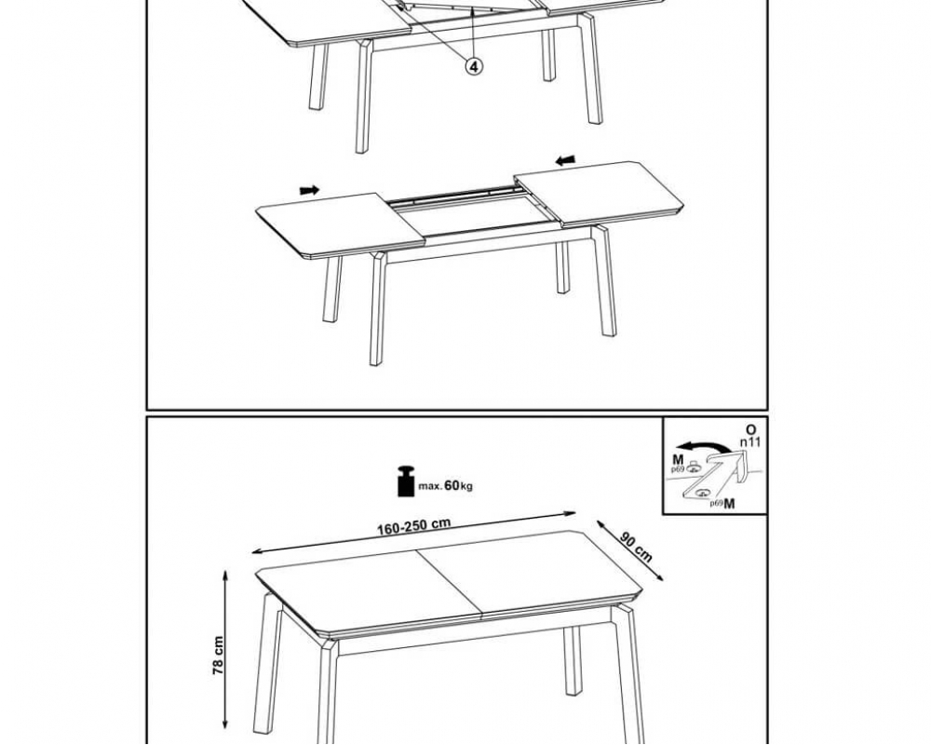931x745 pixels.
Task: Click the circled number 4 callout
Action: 473,66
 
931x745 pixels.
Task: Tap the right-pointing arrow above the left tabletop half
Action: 309,190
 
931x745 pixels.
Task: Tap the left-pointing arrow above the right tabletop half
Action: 565,160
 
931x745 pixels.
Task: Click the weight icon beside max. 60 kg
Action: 406,481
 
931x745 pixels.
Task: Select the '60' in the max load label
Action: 452,485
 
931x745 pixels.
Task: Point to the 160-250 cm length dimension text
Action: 414,526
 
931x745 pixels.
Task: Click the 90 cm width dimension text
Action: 636,547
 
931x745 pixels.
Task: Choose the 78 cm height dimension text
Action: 218,655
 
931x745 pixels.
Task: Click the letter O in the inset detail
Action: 751,429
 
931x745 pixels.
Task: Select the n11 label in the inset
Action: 749,442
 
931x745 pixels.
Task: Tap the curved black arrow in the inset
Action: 705,447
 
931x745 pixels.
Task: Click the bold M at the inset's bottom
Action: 729,504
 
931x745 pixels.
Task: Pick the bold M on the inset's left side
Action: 678,460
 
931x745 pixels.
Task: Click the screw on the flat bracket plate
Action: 703,492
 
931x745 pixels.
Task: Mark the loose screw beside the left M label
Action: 693,467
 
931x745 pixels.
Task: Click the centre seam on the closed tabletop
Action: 449,584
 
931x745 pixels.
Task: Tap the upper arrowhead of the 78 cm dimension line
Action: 225,575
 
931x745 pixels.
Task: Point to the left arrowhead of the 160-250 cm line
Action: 257,552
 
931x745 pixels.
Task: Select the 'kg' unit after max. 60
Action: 466,486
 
